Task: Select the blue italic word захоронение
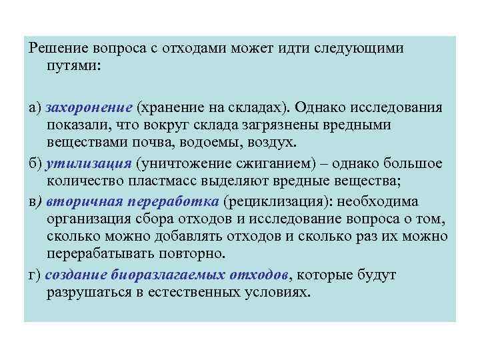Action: (x=89, y=108)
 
